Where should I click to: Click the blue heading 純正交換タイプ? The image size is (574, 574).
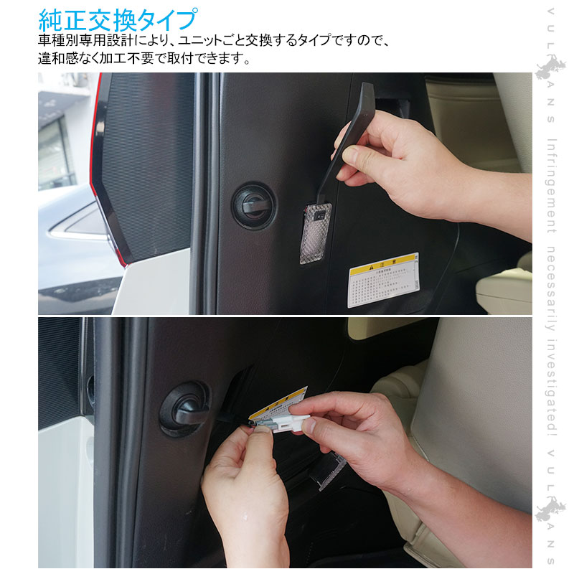118,18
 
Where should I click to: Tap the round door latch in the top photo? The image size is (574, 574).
253,205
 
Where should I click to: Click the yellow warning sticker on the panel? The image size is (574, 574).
383,279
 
